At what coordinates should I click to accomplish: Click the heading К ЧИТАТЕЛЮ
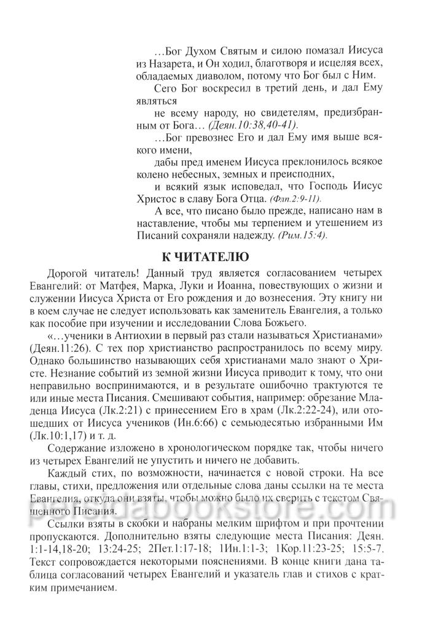pos(214,257)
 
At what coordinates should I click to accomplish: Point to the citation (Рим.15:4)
pos(294,235)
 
